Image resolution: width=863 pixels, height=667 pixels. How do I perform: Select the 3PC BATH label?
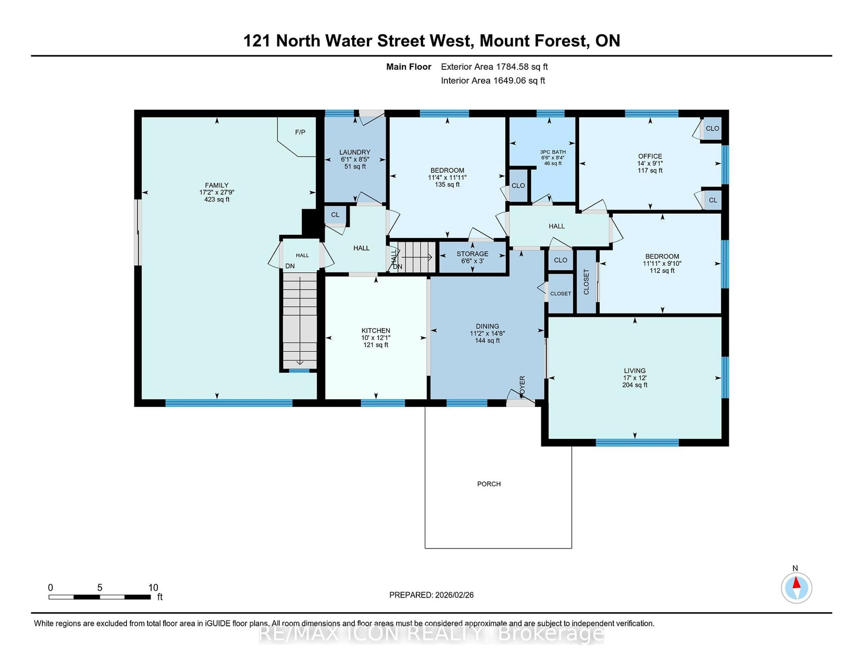(x=553, y=157)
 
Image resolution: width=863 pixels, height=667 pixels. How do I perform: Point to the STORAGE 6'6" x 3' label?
(x=472, y=257)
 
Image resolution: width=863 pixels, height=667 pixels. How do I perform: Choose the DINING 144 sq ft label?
(x=487, y=333)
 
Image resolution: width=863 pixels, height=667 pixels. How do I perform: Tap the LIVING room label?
(x=635, y=377)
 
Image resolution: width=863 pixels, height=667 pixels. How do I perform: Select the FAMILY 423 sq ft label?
(x=217, y=192)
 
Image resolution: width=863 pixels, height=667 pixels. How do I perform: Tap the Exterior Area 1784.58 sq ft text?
(x=494, y=67)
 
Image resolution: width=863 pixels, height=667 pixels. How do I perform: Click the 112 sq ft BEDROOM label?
(x=662, y=263)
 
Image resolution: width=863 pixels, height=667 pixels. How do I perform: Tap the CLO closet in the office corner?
(x=712, y=128)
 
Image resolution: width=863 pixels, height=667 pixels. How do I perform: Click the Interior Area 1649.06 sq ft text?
(x=493, y=81)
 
